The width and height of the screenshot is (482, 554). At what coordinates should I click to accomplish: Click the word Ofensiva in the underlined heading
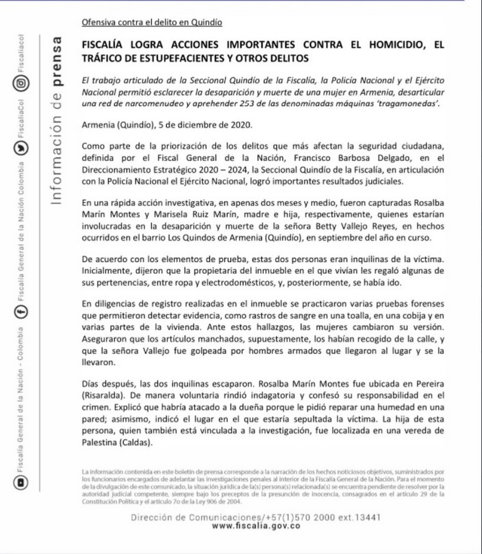point(98,22)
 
